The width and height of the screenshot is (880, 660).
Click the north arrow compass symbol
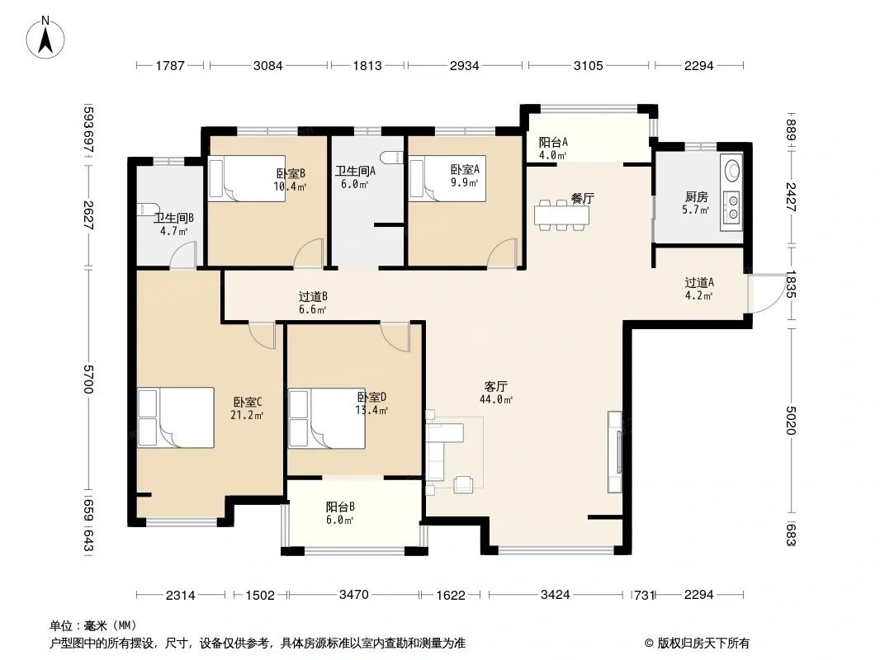point(45,38)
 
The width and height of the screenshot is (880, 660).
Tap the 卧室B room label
point(291,173)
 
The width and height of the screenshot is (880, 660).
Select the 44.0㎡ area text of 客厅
point(496,400)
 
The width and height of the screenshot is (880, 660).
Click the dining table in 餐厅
point(561,214)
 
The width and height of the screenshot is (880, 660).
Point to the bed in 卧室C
point(176,417)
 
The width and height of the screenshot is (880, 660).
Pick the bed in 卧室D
point(327,419)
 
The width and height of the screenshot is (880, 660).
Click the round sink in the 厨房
point(732,171)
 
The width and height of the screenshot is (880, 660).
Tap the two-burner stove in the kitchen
point(731,205)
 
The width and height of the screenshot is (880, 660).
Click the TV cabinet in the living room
point(615,452)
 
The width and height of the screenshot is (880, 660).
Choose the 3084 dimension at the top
point(267,66)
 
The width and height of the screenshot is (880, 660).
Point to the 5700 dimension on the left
point(88,379)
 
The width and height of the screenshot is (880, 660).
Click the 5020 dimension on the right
point(791,420)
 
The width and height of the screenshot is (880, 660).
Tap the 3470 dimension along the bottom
point(353,594)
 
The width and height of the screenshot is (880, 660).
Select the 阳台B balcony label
point(340,507)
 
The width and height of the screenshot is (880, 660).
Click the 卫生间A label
point(355,171)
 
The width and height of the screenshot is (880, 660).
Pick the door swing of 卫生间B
point(184,255)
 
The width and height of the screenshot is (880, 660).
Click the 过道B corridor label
point(313,297)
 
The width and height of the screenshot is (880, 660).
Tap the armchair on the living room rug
point(464,483)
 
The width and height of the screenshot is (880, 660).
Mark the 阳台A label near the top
point(553,143)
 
